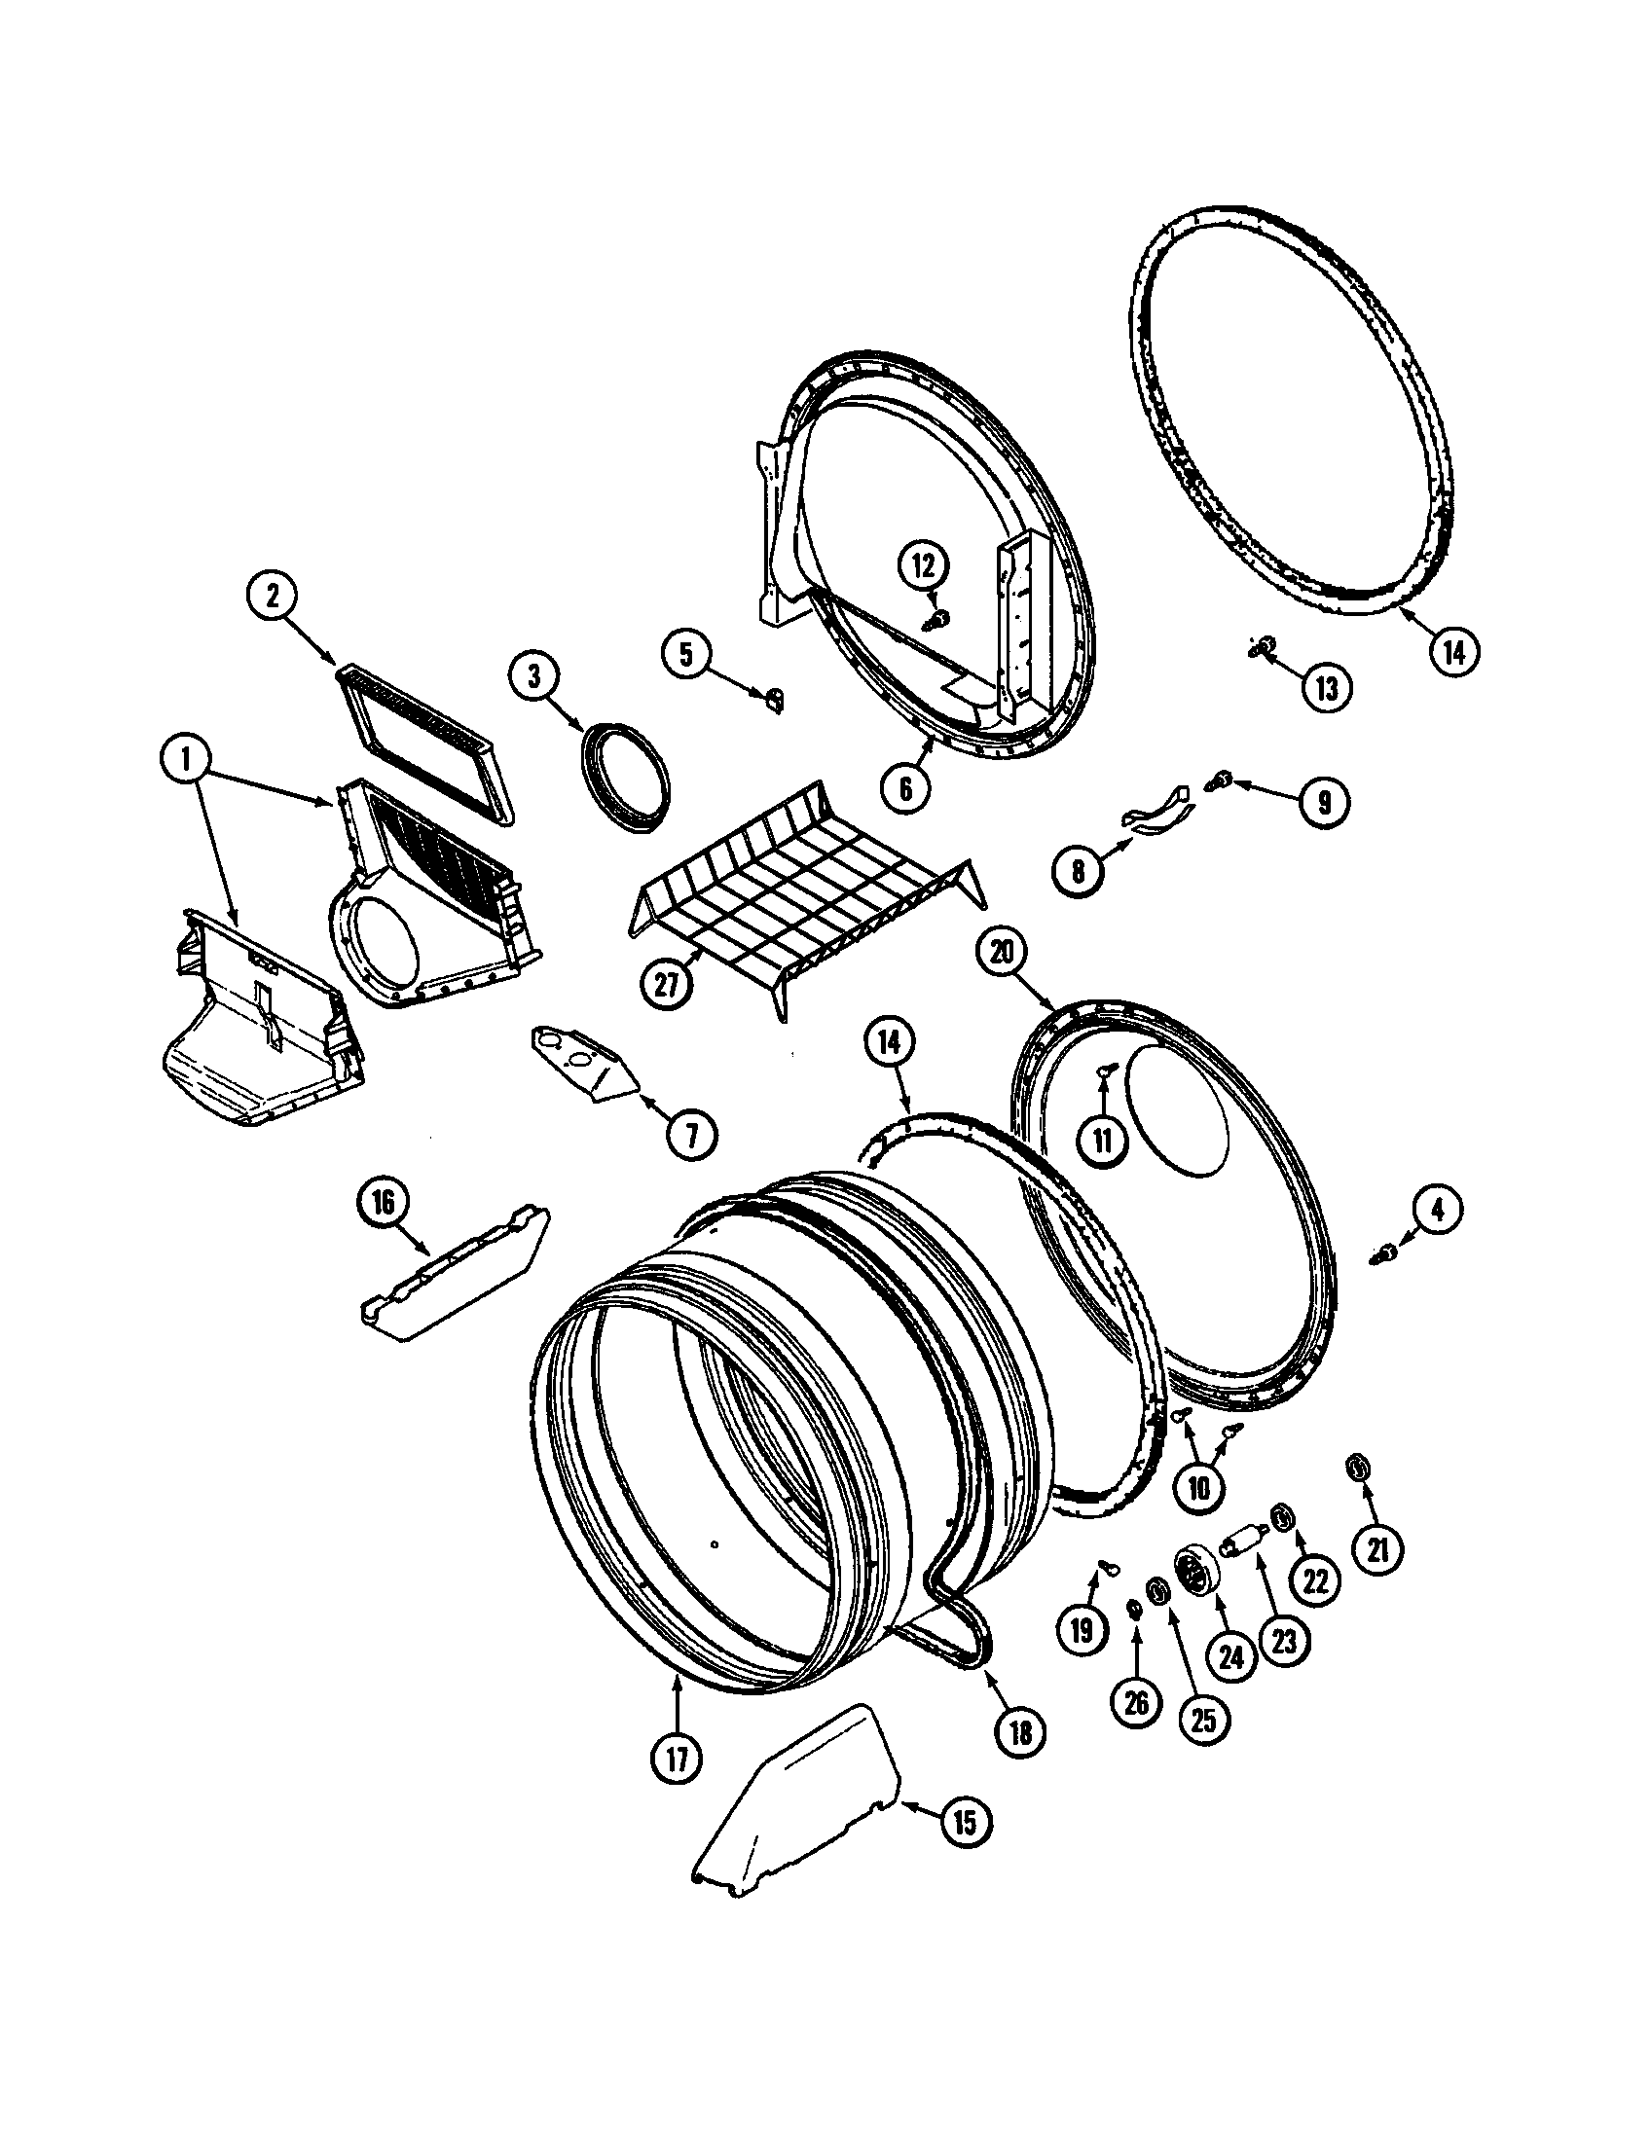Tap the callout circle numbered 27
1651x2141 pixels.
(x=666, y=984)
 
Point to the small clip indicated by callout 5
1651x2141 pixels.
(x=775, y=697)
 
